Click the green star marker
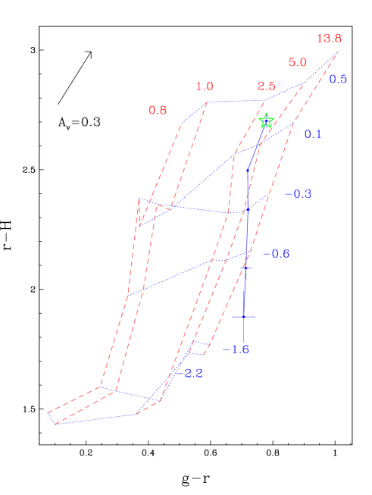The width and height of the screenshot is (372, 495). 266,121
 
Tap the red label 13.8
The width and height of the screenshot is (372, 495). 329,39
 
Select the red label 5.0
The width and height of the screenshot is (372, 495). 298,62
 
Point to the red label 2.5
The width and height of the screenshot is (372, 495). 266,86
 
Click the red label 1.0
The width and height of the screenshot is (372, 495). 205,86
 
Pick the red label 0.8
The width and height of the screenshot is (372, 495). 158,110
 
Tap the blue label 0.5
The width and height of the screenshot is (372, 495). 338,79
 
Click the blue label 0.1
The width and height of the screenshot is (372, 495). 313,134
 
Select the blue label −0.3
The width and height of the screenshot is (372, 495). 298,194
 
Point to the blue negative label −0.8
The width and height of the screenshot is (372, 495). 276,253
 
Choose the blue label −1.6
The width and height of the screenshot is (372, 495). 236,349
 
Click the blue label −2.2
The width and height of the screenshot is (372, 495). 189,373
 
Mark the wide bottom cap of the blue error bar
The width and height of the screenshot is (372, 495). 244,315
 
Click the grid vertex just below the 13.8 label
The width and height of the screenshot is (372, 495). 337,52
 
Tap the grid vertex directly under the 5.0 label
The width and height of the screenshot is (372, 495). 305,82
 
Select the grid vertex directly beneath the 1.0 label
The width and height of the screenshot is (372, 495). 206,102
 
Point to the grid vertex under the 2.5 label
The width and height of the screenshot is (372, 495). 264,99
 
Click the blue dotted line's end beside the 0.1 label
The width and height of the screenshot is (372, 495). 294,124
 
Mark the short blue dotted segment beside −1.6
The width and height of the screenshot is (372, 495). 199,342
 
